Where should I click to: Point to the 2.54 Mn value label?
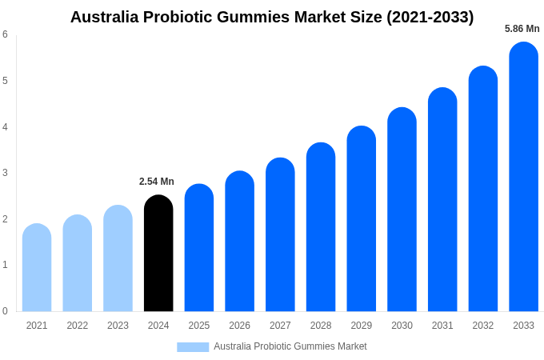[x=157, y=182]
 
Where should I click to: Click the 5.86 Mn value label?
[x=522, y=29]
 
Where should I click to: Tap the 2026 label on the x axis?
[x=239, y=326]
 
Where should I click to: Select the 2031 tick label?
[x=442, y=326]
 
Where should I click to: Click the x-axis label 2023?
[x=118, y=326]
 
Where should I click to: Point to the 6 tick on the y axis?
[x=5, y=34]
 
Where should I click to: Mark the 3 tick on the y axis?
[x=5, y=173]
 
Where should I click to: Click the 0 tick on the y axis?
[x=5, y=311]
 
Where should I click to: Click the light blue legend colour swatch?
[x=193, y=347]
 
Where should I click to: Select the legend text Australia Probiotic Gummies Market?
[x=290, y=346]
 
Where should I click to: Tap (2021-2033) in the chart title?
[x=430, y=17]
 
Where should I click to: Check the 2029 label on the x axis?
[x=361, y=326]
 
